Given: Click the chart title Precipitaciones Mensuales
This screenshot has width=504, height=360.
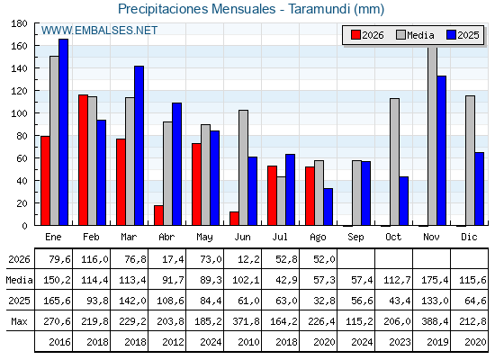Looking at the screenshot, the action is pos(197,9).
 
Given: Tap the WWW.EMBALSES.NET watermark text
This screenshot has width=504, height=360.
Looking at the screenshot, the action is pos(99,31).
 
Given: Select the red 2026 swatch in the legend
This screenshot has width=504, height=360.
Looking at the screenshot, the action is pos(355,35).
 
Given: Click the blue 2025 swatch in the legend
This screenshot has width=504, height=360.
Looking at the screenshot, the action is pos(451,35).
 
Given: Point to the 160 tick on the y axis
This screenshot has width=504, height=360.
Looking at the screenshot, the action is pos(19,46).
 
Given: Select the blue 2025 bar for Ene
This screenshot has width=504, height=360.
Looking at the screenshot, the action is pos(63,132).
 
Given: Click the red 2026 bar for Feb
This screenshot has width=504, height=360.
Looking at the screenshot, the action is pos(83,160).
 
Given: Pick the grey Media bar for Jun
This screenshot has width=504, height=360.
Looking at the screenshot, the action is pos(243,167).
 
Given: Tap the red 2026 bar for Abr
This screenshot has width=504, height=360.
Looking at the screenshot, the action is pos(158,215).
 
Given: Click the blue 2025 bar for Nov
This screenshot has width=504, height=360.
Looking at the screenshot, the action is pos(441,151).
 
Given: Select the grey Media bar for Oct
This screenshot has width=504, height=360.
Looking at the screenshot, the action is pos(395,162).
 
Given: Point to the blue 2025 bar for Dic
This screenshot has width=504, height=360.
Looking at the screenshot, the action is pos(479,189).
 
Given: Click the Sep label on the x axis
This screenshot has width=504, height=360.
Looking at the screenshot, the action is pos(355,238).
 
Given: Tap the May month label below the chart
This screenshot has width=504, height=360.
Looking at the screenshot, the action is pos(204,238).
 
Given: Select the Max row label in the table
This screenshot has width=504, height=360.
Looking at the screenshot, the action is pos(19,321).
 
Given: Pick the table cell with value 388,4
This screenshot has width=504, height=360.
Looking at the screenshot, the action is pos(435,321).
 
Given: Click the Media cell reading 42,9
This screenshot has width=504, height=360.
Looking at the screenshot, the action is pos(286,280).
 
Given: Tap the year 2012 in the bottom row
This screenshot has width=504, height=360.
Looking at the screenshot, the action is pos(173,342).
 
